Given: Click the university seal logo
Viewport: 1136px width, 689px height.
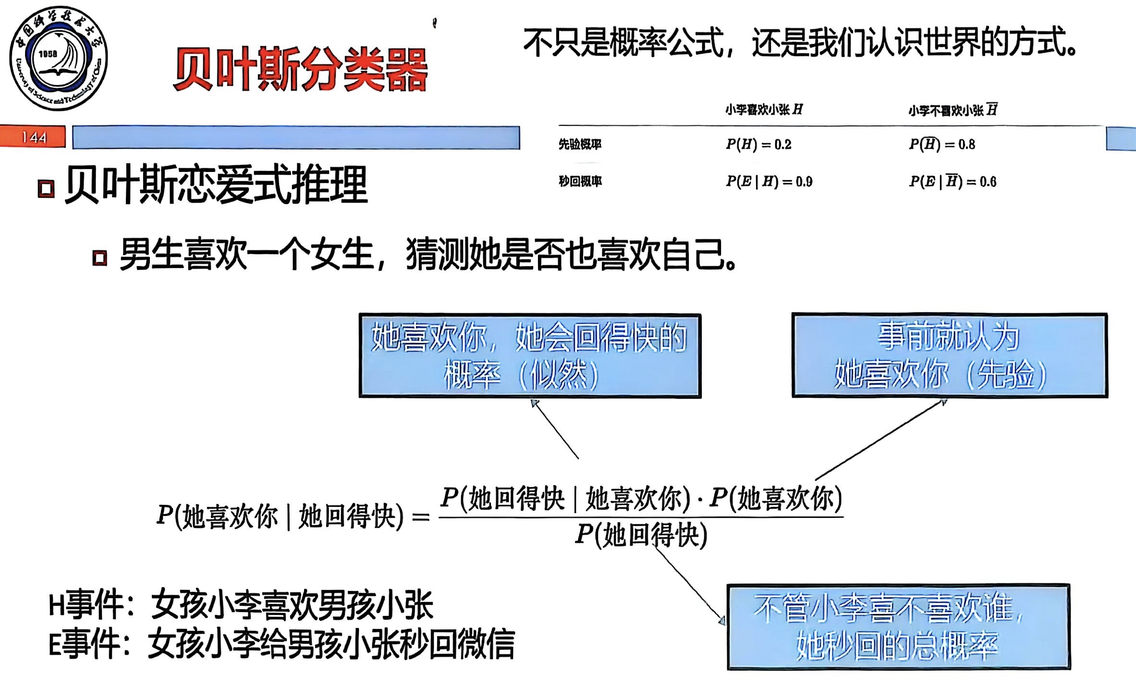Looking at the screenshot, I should pyautogui.click(x=59, y=58).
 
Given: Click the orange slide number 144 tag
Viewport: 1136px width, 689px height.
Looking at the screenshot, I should pyautogui.click(x=33, y=137).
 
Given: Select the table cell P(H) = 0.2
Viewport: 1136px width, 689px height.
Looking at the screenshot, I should pyautogui.click(x=758, y=144).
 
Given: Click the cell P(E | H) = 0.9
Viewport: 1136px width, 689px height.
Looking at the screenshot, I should pyautogui.click(x=769, y=182).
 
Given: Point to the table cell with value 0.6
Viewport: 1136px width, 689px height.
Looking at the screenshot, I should pyautogui.click(x=953, y=182).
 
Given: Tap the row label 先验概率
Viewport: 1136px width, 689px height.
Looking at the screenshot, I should pyautogui.click(x=580, y=144).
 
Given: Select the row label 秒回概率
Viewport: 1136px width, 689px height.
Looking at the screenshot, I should pyautogui.click(x=580, y=182).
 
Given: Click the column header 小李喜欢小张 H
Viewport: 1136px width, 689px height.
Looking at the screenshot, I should pyautogui.click(x=764, y=110).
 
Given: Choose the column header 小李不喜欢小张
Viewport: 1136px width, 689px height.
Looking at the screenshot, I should pyautogui.click(x=953, y=111).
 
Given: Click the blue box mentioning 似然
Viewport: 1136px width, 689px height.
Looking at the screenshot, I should pyautogui.click(x=530, y=356).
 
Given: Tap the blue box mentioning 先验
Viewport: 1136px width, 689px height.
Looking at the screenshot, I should pyautogui.click(x=950, y=356).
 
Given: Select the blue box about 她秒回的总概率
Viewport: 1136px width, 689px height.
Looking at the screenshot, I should pyautogui.click(x=898, y=627).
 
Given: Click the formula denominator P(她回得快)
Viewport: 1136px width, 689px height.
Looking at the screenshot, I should pyautogui.click(x=641, y=535).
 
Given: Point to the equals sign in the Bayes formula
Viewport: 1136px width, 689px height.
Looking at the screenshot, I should pyautogui.click(x=421, y=517).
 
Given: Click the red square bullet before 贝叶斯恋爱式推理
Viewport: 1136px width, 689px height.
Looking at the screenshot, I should pyautogui.click(x=46, y=188).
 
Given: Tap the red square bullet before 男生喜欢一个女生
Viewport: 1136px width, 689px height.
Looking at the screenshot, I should pyautogui.click(x=99, y=258).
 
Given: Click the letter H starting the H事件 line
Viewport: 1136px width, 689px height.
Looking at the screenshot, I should pyautogui.click(x=56, y=606).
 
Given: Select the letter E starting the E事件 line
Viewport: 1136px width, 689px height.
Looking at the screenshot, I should pyautogui.click(x=55, y=644).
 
